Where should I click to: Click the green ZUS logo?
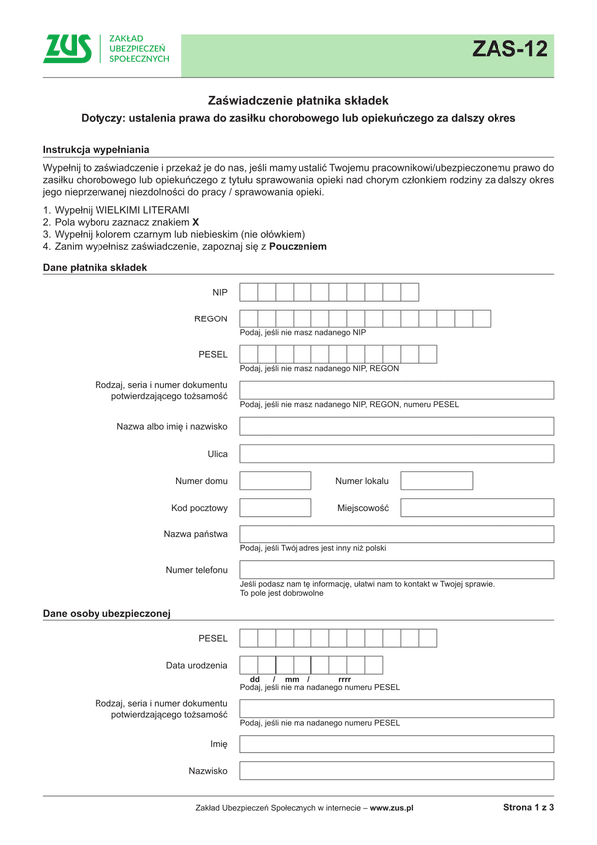tap(67, 49)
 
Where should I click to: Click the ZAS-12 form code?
tap(509, 50)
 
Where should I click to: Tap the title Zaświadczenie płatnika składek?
tap(298, 100)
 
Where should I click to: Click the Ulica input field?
tap(396, 454)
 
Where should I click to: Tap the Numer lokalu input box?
tap(437, 481)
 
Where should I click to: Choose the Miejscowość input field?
tap(477, 508)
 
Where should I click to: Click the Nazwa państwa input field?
tap(396, 534)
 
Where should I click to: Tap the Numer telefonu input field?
tap(396, 570)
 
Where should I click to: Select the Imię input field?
tap(396, 744)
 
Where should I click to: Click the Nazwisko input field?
tap(396, 771)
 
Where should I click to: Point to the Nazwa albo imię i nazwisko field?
tap(396, 427)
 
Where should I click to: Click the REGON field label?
tap(211, 319)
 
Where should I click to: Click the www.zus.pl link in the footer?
tap(391, 809)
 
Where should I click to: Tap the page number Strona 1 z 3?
tap(528, 808)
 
